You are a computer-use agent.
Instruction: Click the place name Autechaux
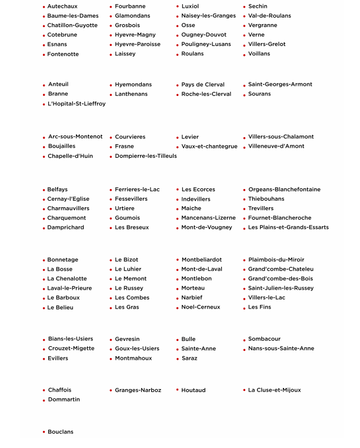(x=62, y=6)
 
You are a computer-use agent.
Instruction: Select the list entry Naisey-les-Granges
(x=208, y=16)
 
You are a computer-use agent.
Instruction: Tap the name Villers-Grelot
(x=266, y=44)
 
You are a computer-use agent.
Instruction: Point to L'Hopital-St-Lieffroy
(x=76, y=104)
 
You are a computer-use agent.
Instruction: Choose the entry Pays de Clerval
(x=202, y=85)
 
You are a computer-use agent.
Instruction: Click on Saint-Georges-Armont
(x=280, y=84)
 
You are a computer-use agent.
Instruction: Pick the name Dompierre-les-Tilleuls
(x=145, y=156)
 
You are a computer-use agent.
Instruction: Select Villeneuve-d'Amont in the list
(x=276, y=146)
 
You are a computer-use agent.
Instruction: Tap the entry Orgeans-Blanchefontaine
(x=284, y=190)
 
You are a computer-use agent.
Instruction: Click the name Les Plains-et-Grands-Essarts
(x=288, y=227)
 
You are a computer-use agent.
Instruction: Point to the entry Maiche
(x=191, y=208)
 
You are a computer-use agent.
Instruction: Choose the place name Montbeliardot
(x=201, y=260)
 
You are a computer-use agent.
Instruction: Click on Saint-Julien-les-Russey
(x=281, y=288)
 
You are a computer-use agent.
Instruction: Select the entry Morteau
(x=193, y=288)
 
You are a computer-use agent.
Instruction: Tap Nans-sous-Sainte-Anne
(x=281, y=349)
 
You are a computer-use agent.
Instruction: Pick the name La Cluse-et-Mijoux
(x=274, y=390)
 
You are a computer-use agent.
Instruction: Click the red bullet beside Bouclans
(x=44, y=432)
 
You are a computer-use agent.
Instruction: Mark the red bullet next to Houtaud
(x=177, y=390)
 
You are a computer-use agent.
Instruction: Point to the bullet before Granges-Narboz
(x=111, y=390)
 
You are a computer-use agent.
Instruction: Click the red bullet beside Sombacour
(x=244, y=340)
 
